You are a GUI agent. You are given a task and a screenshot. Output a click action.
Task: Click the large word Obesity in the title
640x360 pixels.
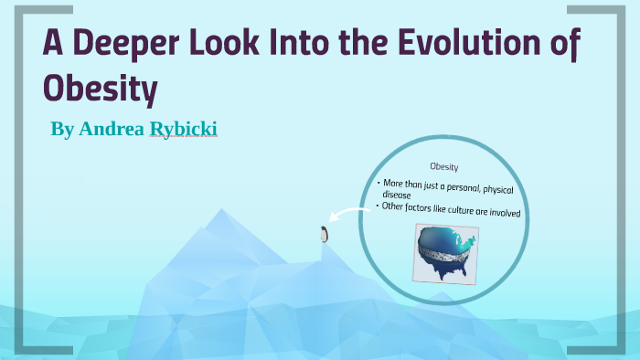tap(101, 90)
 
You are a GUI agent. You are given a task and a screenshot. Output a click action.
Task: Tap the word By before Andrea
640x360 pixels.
tap(62, 129)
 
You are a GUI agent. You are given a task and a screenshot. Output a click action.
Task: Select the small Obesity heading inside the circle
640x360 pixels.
tap(443, 167)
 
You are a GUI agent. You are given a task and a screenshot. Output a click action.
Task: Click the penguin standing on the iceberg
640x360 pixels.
tap(322, 234)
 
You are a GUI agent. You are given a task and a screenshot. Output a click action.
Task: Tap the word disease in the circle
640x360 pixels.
tap(397, 195)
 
